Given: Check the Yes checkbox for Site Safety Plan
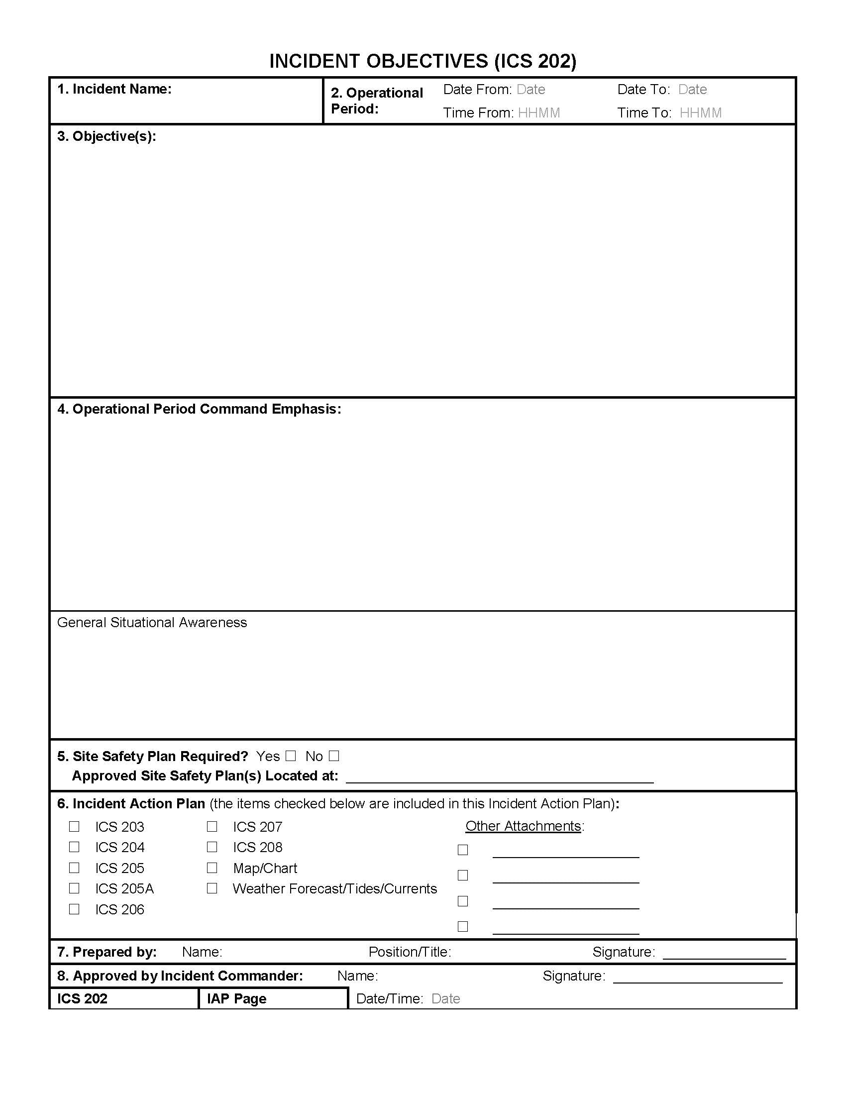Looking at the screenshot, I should (x=291, y=756).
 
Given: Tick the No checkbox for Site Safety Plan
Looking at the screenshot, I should (x=334, y=756).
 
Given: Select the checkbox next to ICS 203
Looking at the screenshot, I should (x=74, y=826).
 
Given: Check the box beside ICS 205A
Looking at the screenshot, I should (x=74, y=888).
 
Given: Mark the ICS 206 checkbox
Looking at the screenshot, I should (x=74, y=909).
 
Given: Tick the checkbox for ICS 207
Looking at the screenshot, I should (x=212, y=826).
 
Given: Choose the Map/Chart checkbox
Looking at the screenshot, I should (x=212, y=868).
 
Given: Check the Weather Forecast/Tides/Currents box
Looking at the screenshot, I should (x=212, y=888).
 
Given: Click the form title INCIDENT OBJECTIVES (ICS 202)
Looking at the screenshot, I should (x=423, y=61).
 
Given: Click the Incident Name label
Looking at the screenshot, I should (x=114, y=89).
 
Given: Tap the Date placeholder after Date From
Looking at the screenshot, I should (x=531, y=90).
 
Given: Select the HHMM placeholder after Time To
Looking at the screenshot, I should (x=700, y=113).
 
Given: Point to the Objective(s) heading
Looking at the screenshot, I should (x=107, y=136).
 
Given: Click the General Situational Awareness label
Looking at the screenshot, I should (x=152, y=622).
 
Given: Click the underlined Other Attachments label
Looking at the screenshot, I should (x=523, y=826).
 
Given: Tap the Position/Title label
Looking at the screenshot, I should (x=410, y=952).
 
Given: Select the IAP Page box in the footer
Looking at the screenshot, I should (x=273, y=998).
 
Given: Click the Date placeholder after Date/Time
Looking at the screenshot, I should (x=445, y=999).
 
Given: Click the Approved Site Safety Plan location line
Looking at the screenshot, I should (x=500, y=780).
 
